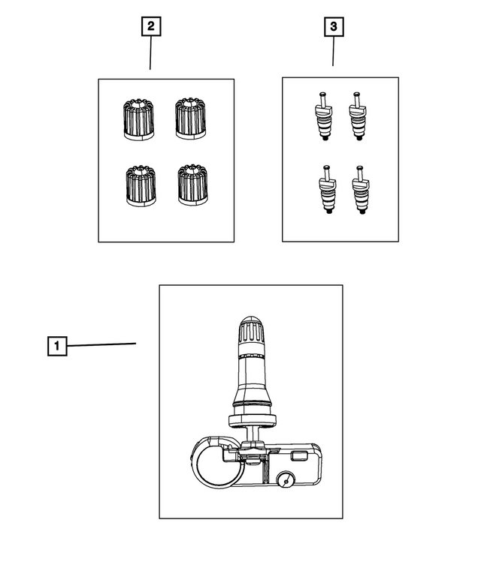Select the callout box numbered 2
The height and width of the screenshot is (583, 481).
150,26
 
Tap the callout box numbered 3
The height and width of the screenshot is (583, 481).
333,27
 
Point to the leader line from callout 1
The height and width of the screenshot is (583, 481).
101,344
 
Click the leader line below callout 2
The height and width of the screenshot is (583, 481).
150,53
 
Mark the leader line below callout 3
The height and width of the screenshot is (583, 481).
333,52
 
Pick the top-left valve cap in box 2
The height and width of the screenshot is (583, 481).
138,120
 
